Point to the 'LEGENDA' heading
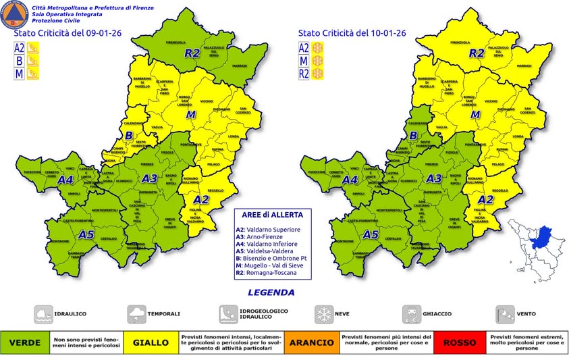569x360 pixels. [x=271, y=292]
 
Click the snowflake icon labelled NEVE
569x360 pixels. [x=323, y=314]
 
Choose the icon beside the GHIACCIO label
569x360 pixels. [x=411, y=314]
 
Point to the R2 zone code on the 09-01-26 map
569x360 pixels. [x=192, y=52]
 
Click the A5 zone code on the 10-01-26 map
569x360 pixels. [x=370, y=235]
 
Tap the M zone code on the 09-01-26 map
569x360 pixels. [x=191, y=115]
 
